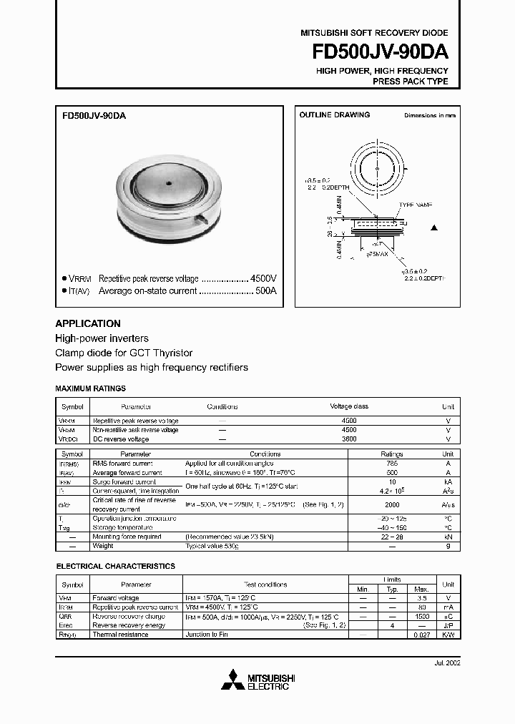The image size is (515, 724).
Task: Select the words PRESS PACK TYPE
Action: pyautogui.click(x=411, y=82)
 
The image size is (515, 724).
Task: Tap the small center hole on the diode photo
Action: pyautogui.click(x=170, y=183)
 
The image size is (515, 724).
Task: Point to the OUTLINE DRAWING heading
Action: pyautogui.click(x=334, y=114)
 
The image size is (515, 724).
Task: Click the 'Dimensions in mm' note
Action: pyautogui.click(x=429, y=115)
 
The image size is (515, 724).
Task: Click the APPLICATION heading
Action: pyautogui.click(x=88, y=323)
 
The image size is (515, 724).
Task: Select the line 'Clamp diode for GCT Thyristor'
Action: pyautogui.click(x=124, y=353)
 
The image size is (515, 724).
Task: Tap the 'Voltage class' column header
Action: pyautogui.click(x=349, y=406)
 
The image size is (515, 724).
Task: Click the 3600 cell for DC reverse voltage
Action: pyautogui.click(x=349, y=439)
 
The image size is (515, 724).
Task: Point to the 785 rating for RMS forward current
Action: pyautogui.click(x=391, y=464)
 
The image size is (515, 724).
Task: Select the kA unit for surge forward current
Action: pyautogui.click(x=448, y=482)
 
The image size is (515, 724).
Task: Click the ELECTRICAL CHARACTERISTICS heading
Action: pyautogui.click(x=115, y=566)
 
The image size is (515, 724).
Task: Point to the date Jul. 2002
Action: pyautogui.click(x=446, y=663)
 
